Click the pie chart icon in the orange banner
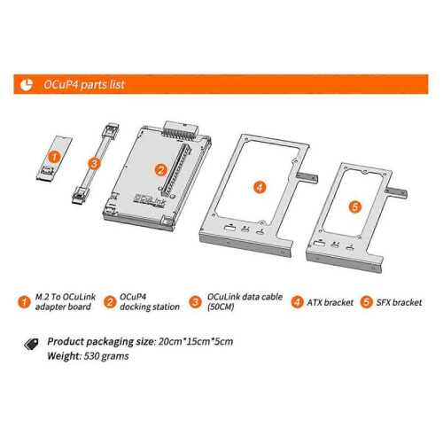[x=27, y=85]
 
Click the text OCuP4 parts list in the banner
[x=84, y=85]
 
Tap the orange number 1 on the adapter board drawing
[x=54, y=157]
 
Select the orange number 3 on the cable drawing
[x=94, y=163]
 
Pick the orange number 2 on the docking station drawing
[x=161, y=170]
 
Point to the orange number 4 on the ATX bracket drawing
[x=260, y=187]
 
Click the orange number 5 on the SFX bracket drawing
[x=355, y=206]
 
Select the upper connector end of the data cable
[x=111, y=129]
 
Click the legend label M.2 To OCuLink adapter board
[x=66, y=302]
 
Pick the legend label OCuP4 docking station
[x=150, y=302]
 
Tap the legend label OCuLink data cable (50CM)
[x=245, y=302]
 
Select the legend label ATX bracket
[x=330, y=302]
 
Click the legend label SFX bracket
[x=399, y=302]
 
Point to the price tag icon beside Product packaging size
[x=31, y=344]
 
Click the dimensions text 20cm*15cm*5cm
[x=196, y=342]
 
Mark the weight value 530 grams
[x=106, y=356]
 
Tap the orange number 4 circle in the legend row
[x=297, y=302]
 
